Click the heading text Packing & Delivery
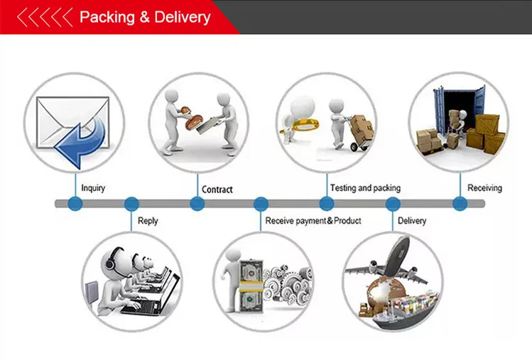(x=145, y=17)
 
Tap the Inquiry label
(x=93, y=188)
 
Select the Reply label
(x=148, y=221)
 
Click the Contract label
(x=217, y=190)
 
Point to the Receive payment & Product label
(x=313, y=221)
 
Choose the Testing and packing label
(x=365, y=188)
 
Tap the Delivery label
(x=412, y=221)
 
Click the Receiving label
(x=484, y=188)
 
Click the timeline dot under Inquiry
(x=75, y=204)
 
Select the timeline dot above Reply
(x=131, y=204)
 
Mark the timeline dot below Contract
(x=197, y=204)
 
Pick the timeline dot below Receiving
(x=460, y=204)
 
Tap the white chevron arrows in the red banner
(x=44, y=17)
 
